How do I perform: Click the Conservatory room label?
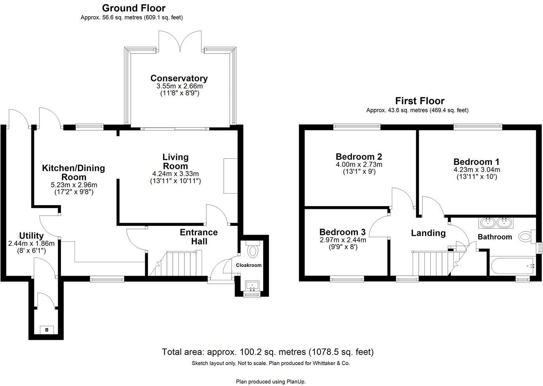click(x=179, y=78)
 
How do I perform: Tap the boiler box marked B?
click(x=47, y=330)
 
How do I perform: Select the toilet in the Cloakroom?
click(x=252, y=250)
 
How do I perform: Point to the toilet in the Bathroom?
click(x=526, y=237)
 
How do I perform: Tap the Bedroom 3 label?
click(x=342, y=232)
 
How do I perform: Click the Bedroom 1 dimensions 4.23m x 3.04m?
click(x=476, y=170)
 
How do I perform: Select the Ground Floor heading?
click(x=133, y=8)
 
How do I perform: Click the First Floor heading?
click(x=419, y=101)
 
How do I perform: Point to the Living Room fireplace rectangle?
click(x=230, y=176)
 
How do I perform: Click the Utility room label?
click(x=31, y=236)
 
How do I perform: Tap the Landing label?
click(x=428, y=233)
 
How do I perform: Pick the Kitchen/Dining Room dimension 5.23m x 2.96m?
click(x=74, y=185)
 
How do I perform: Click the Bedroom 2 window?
click(x=357, y=127)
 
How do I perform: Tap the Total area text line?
click(x=268, y=352)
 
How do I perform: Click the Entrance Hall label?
click(x=198, y=237)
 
